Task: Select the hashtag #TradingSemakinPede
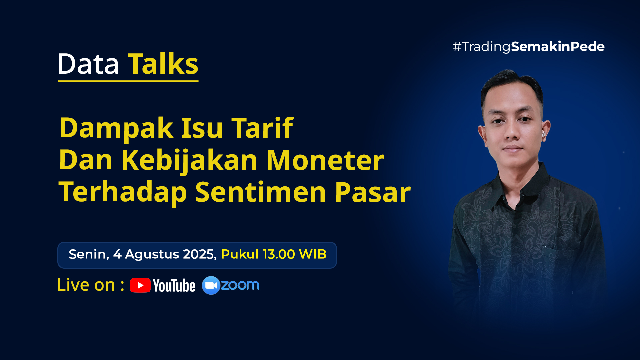[528, 47]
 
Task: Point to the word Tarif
[262, 128]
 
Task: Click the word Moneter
[325, 160]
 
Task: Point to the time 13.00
[279, 254]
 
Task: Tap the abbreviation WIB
[313, 254]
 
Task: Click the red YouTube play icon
[140, 285]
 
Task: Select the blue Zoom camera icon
[211, 285]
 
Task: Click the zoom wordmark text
[240, 285]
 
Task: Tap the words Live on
[86, 285]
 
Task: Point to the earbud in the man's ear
[543, 134]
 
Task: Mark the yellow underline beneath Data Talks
[128, 81]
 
